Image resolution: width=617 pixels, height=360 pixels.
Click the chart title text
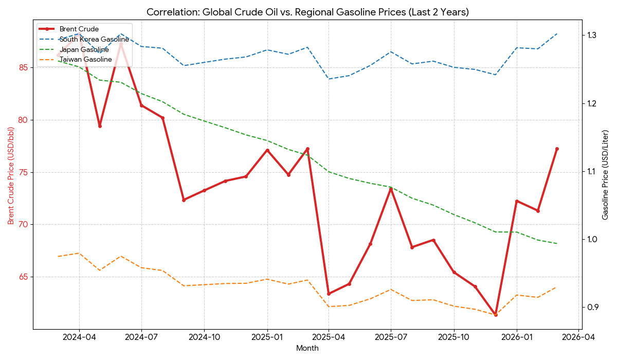pos(307,12)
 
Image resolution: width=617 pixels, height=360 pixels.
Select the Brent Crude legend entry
pos(79,29)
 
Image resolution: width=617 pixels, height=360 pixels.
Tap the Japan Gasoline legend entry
pos(84,49)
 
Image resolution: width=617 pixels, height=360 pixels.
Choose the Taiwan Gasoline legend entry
pos(85,60)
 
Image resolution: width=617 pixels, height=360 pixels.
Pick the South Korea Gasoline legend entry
pos(94,39)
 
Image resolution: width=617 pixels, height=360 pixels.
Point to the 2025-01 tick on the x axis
pos(267,337)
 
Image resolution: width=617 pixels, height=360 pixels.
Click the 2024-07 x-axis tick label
pos(141,337)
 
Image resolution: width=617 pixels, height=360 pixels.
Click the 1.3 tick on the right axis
pos(590,35)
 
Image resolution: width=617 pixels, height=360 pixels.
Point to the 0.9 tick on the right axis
pos(590,307)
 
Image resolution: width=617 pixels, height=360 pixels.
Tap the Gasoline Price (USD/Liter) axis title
pos(605,175)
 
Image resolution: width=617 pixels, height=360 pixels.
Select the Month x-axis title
pos(307,348)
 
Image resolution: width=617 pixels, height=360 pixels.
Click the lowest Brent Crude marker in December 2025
pos(496,315)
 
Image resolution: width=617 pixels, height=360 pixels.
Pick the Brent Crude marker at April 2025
pos(329,294)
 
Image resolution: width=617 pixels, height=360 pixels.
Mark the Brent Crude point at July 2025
pos(391,189)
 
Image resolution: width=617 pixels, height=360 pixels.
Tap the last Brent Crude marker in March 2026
pos(557,149)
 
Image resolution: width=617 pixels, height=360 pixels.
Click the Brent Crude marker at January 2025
pos(267,150)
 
